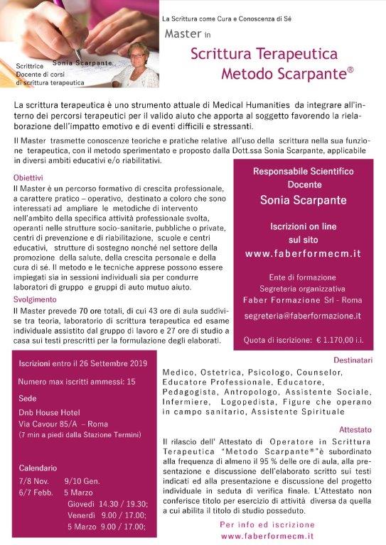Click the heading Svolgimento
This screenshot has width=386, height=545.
(x=36, y=299)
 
